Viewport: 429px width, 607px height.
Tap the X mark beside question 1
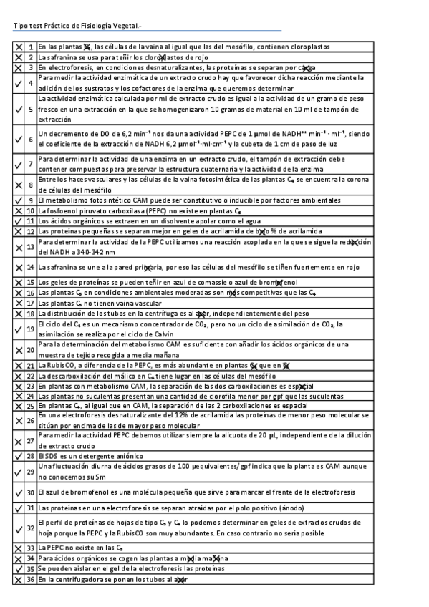coord(19,47)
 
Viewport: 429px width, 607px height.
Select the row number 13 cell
coord(31,247)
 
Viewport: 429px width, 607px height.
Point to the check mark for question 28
coord(19,455)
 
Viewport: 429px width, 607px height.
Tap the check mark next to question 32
coord(19,528)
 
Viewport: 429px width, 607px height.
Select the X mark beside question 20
coord(19,349)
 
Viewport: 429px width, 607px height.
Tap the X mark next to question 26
coord(19,420)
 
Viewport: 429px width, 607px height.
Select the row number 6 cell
coord(31,139)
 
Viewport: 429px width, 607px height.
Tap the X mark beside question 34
coord(19,558)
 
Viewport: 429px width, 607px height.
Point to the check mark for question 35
coord(19,568)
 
